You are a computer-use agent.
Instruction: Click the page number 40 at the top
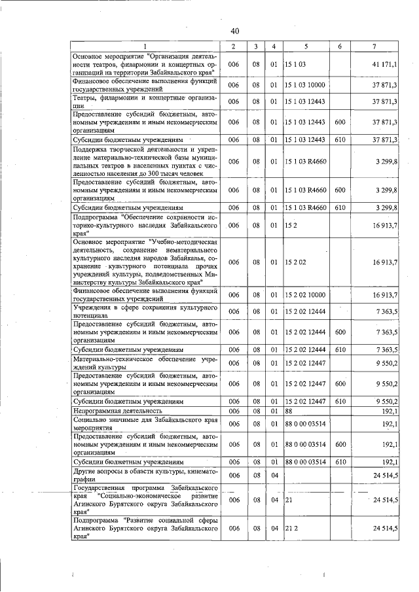(x=235, y=31)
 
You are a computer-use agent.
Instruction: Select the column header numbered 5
(x=306, y=46)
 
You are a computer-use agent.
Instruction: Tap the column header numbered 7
(x=373, y=46)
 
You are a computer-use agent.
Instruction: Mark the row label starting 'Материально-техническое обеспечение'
(x=144, y=362)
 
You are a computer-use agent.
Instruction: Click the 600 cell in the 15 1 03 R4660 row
(x=340, y=190)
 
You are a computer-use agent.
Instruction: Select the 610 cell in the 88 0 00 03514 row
(x=340, y=462)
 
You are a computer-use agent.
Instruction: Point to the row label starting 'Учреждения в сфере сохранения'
(x=144, y=311)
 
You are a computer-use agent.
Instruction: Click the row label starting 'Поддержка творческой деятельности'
(x=144, y=161)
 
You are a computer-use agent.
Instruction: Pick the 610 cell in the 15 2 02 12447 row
(x=340, y=400)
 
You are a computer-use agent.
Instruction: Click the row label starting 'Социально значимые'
(x=144, y=424)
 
